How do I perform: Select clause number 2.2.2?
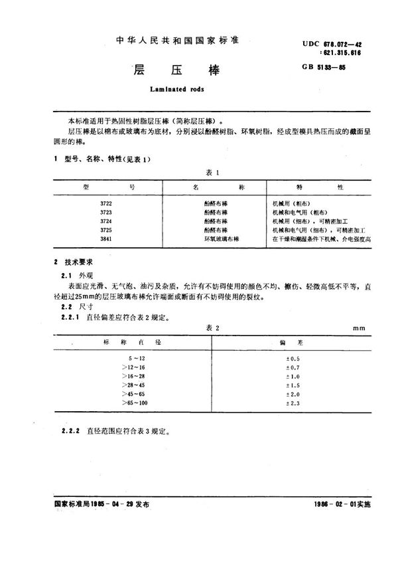[71, 430]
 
